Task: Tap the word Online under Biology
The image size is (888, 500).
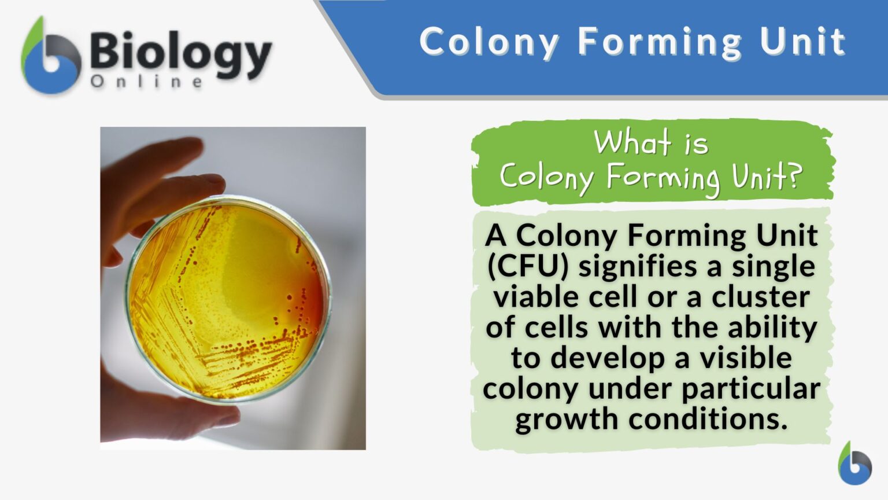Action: [x=147, y=82]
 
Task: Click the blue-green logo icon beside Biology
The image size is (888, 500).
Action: [x=51, y=58]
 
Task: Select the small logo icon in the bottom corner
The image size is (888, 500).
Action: [x=854, y=464]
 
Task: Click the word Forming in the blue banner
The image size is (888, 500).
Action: [x=660, y=42]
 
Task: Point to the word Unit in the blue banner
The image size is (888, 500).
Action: [x=802, y=42]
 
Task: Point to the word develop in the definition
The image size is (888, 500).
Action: [x=608, y=358]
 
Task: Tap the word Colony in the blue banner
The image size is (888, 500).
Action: [x=489, y=42]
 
